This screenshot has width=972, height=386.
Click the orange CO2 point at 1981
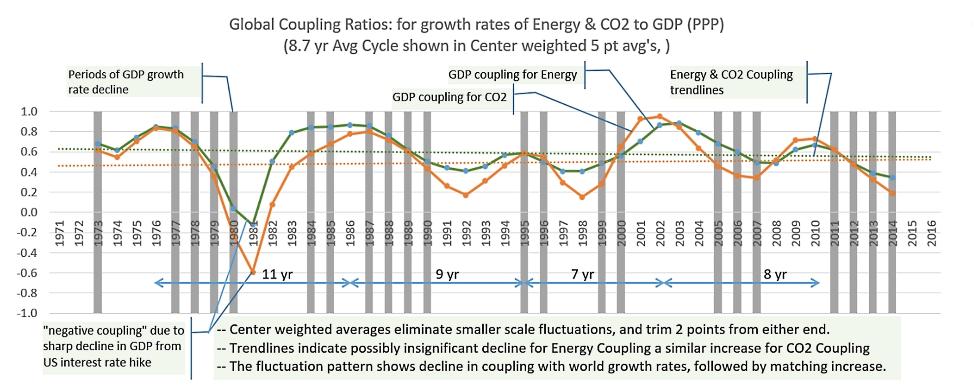[253, 272]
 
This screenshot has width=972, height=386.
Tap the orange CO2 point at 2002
[660, 116]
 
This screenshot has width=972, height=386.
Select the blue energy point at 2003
[679, 123]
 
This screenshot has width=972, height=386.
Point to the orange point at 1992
[466, 195]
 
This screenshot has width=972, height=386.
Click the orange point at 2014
[892, 193]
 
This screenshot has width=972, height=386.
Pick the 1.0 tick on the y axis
[29, 112]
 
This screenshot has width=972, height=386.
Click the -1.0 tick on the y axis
[27, 313]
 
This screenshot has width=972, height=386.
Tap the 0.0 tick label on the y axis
[29, 212]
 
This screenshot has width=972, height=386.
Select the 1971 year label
[60, 233]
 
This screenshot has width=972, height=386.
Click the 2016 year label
[931, 233]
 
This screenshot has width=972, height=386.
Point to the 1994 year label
[505, 233]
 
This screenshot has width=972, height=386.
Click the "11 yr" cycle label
[277, 274]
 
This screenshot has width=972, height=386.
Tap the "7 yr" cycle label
[582, 274]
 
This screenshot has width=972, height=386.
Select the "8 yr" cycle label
[775, 274]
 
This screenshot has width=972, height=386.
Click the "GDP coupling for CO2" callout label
[449, 97]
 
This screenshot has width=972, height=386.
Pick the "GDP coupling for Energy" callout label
[512, 75]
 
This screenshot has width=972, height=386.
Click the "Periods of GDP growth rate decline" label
[126, 82]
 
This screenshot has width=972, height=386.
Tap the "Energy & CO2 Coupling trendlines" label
[731, 82]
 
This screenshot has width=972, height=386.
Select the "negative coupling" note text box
[113, 346]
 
